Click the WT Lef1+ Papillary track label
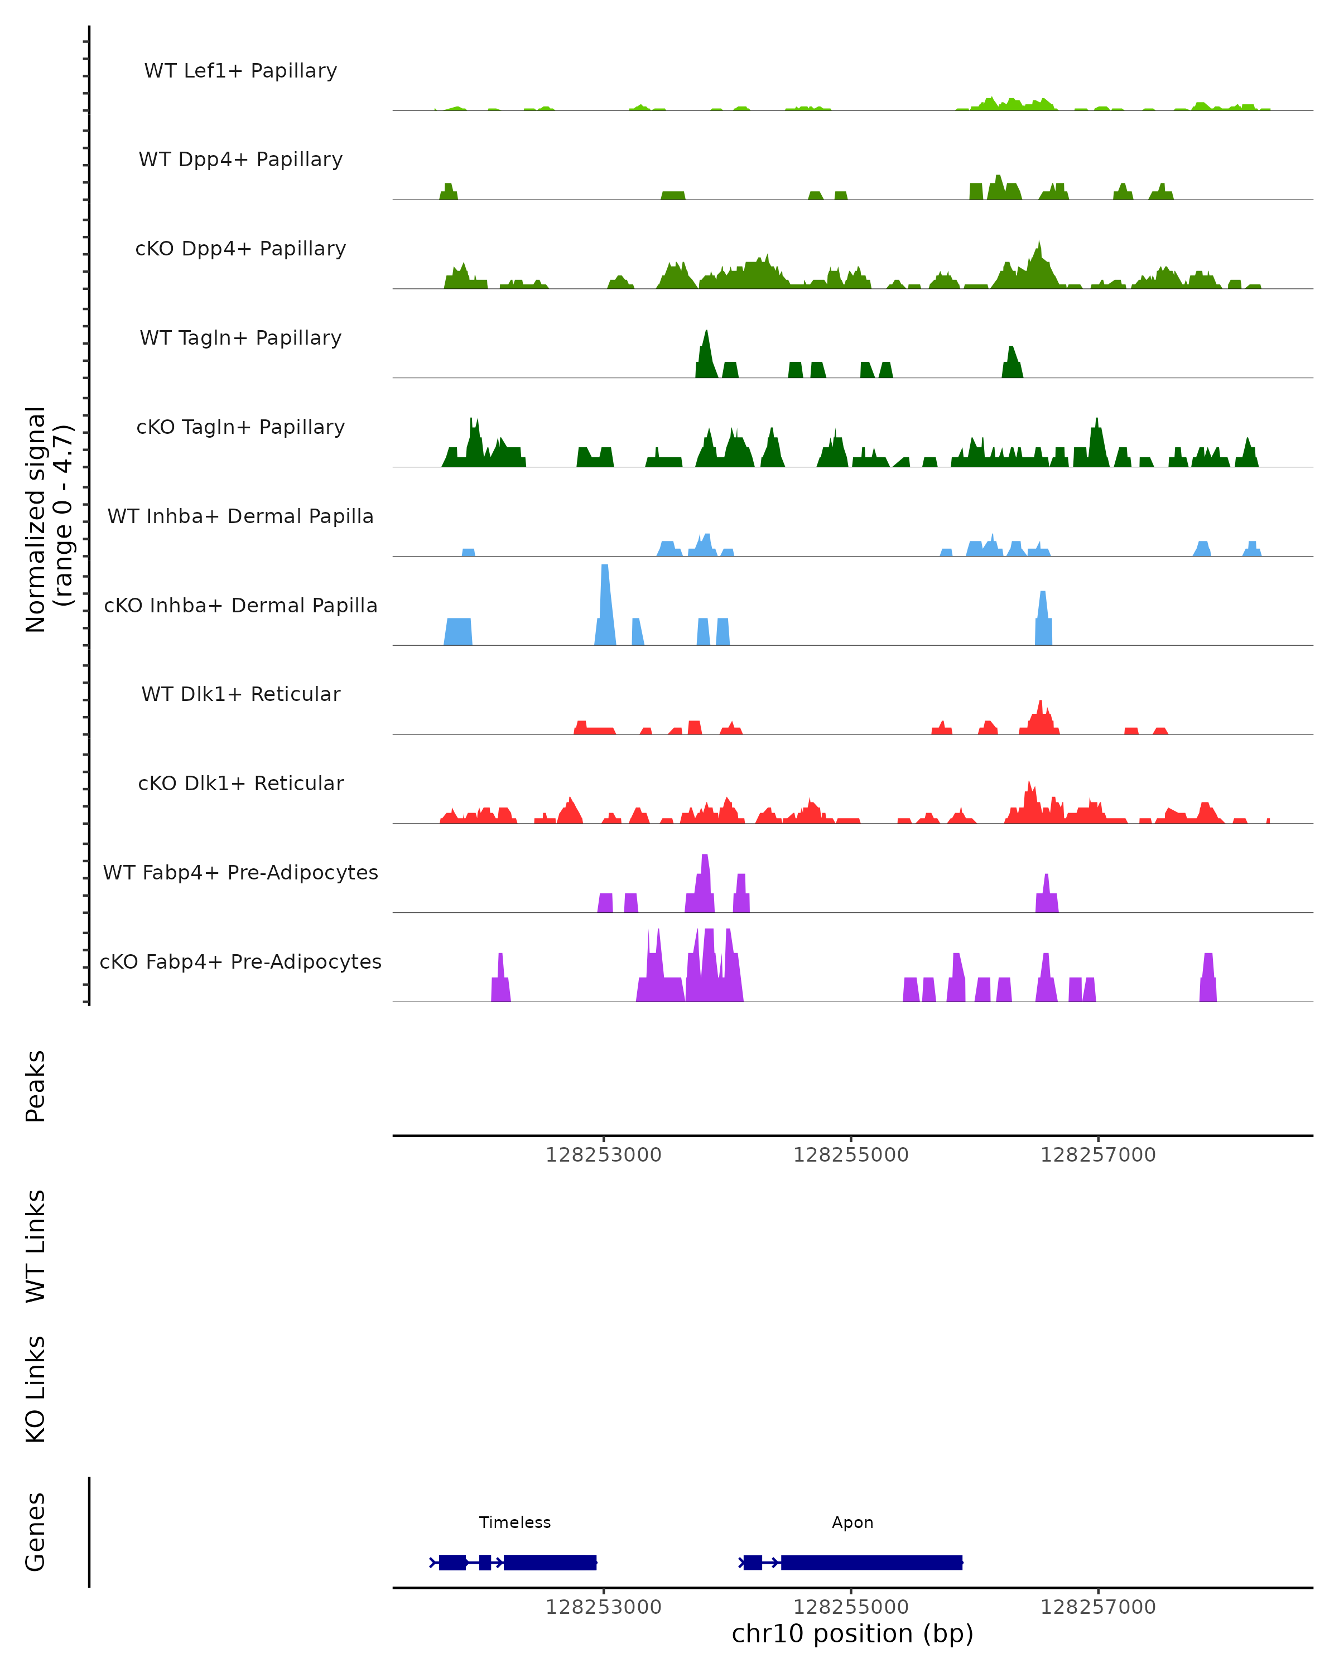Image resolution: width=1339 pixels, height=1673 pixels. [x=240, y=71]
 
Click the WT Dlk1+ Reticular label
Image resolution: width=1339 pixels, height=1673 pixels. [x=240, y=694]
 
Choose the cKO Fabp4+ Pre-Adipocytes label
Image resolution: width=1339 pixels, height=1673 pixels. [x=240, y=961]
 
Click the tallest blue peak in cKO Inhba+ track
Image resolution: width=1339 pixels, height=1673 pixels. [x=605, y=590]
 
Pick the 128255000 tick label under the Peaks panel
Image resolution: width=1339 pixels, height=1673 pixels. [x=851, y=1155]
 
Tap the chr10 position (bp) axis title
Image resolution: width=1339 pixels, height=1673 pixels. [x=852, y=1633]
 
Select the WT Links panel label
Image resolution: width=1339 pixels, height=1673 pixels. [x=36, y=1245]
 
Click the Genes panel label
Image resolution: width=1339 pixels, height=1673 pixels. [x=36, y=1532]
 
